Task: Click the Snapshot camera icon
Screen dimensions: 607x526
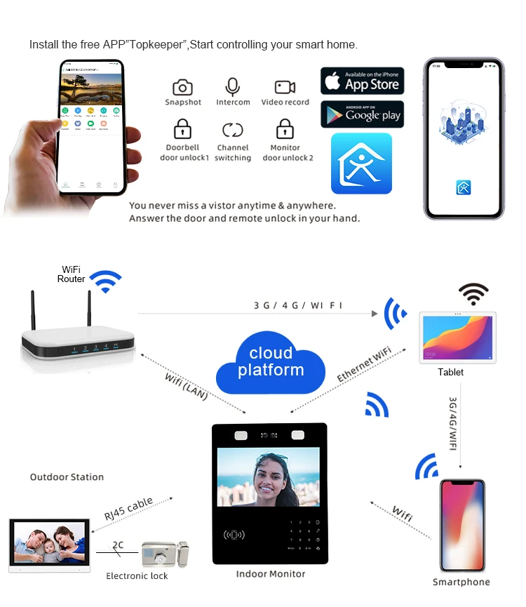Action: [182, 87]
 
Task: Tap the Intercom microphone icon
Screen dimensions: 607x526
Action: [232, 86]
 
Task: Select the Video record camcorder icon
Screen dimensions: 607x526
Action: [285, 87]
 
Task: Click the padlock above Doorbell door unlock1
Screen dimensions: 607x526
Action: [182, 130]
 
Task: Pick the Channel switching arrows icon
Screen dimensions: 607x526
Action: [232, 130]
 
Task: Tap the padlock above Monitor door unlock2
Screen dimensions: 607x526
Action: [285, 130]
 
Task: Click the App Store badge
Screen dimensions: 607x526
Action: [362, 81]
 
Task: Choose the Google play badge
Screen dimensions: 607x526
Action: [362, 114]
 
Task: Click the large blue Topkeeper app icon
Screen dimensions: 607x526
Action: [361, 164]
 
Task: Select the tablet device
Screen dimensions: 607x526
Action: [457, 338]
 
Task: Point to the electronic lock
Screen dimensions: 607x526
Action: [165, 554]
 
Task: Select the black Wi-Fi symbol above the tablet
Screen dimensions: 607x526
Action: [473, 291]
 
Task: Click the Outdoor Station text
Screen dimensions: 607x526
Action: [67, 477]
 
